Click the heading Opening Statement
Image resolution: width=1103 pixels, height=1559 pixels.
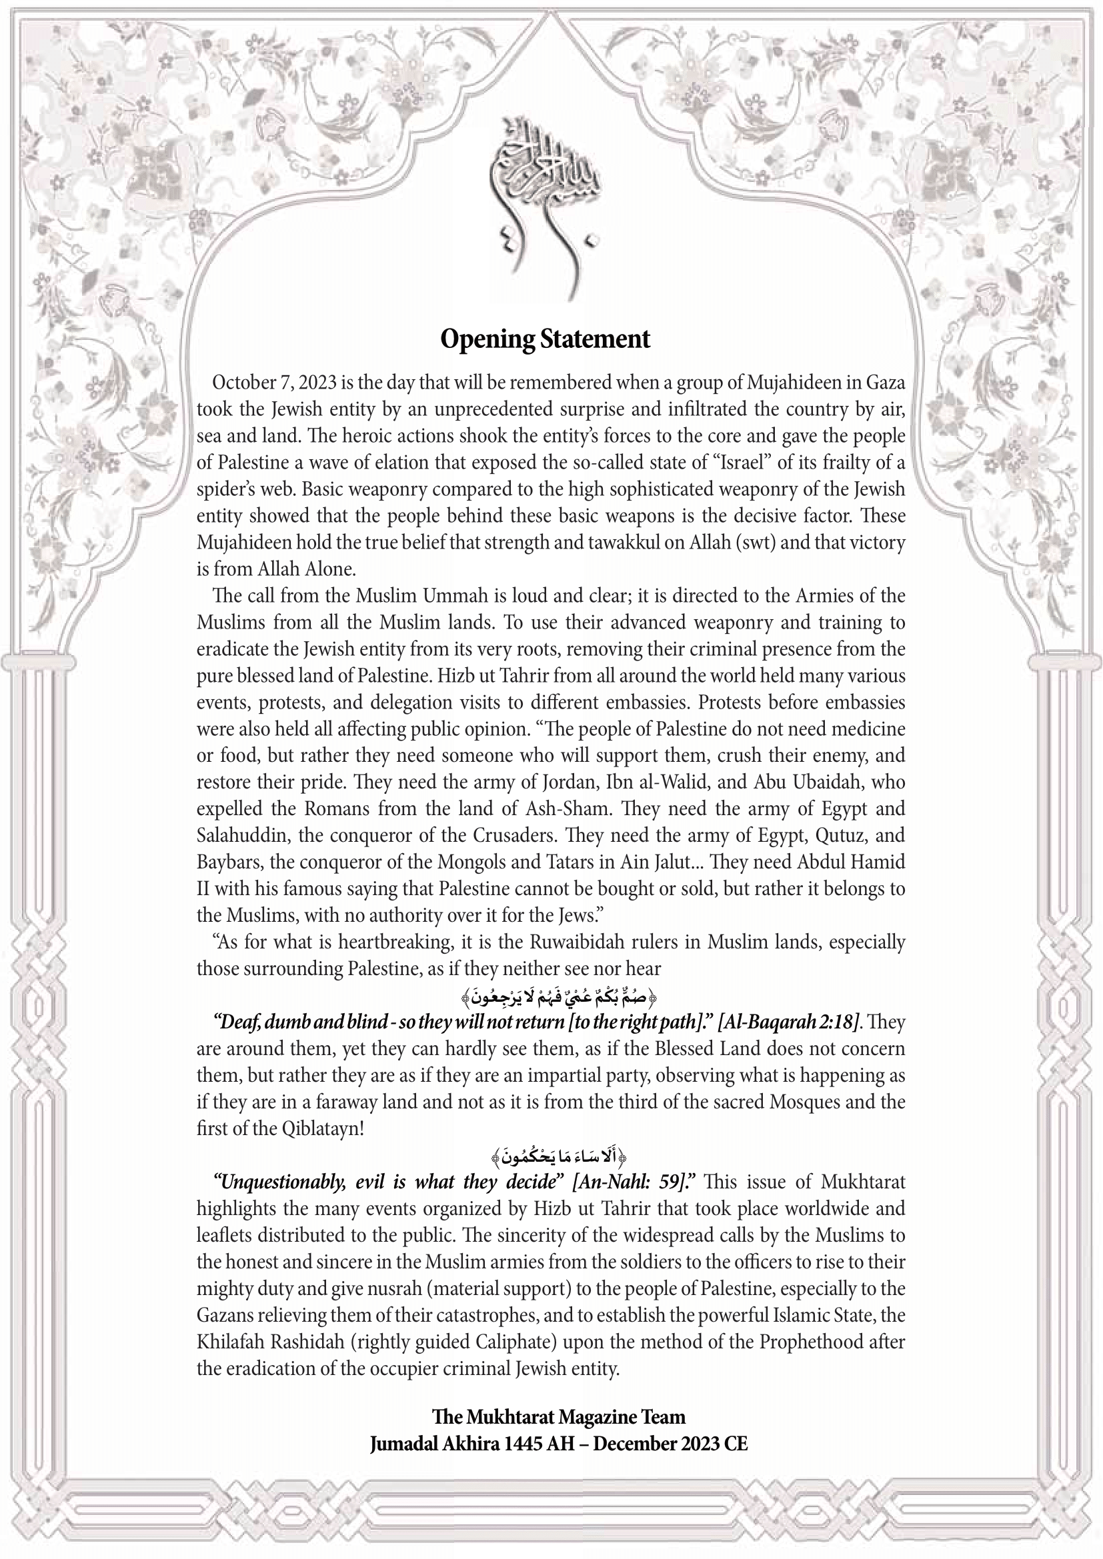tap(545, 339)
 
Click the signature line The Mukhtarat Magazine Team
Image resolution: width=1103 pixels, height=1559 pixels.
tap(558, 1417)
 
